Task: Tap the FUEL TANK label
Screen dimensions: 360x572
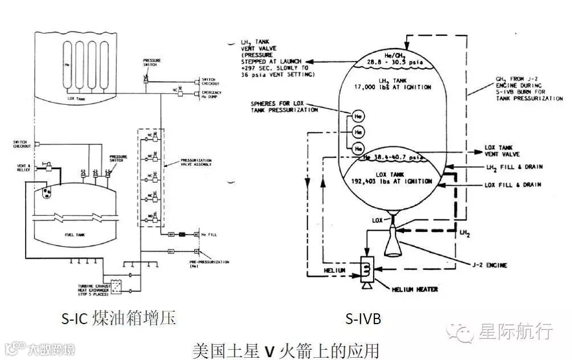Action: (x=73, y=232)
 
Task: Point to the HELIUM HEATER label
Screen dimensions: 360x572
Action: (x=415, y=289)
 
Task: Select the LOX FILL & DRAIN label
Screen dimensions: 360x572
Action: (x=512, y=185)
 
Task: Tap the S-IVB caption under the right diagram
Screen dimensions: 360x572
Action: (x=363, y=320)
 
